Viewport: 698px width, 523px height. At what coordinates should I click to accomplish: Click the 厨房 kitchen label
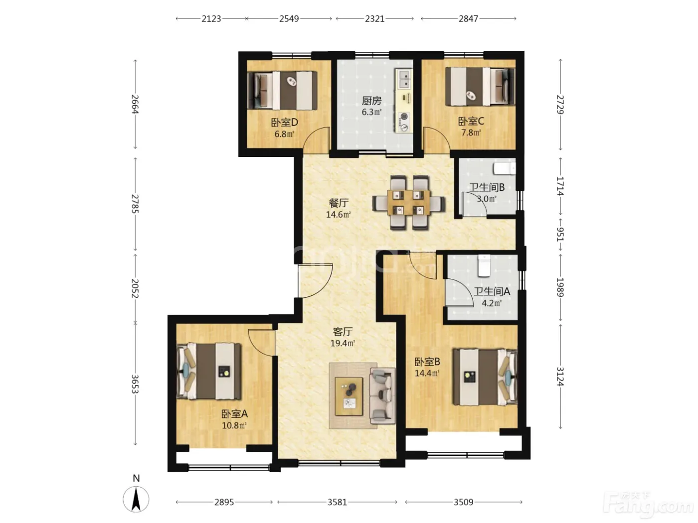(371, 101)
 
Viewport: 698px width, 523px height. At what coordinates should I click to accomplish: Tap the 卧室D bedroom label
(284, 122)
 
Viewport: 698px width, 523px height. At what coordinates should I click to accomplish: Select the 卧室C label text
(471, 121)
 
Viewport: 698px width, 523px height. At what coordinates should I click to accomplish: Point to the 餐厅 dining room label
(339, 203)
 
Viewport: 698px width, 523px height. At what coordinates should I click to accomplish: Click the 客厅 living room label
(343, 332)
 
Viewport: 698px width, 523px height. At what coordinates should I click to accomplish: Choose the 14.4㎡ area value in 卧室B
(427, 373)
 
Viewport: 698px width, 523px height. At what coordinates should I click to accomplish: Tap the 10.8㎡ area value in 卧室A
(234, 425)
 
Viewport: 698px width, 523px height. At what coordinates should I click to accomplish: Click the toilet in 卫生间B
(505, 168)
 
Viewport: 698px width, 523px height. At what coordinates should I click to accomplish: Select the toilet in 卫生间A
(484, 266)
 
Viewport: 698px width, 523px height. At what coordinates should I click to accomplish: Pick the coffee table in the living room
(349, 396)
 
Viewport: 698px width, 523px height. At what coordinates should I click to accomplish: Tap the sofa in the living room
(382, 396)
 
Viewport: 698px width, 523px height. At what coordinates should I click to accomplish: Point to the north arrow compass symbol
(136, 500)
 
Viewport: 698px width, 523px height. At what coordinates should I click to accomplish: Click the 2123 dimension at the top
(211, 19)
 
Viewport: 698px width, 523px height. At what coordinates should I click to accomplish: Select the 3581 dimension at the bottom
(338, 502)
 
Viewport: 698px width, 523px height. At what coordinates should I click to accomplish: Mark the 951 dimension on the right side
(560, 234)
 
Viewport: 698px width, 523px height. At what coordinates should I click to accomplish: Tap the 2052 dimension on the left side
(135, 288)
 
